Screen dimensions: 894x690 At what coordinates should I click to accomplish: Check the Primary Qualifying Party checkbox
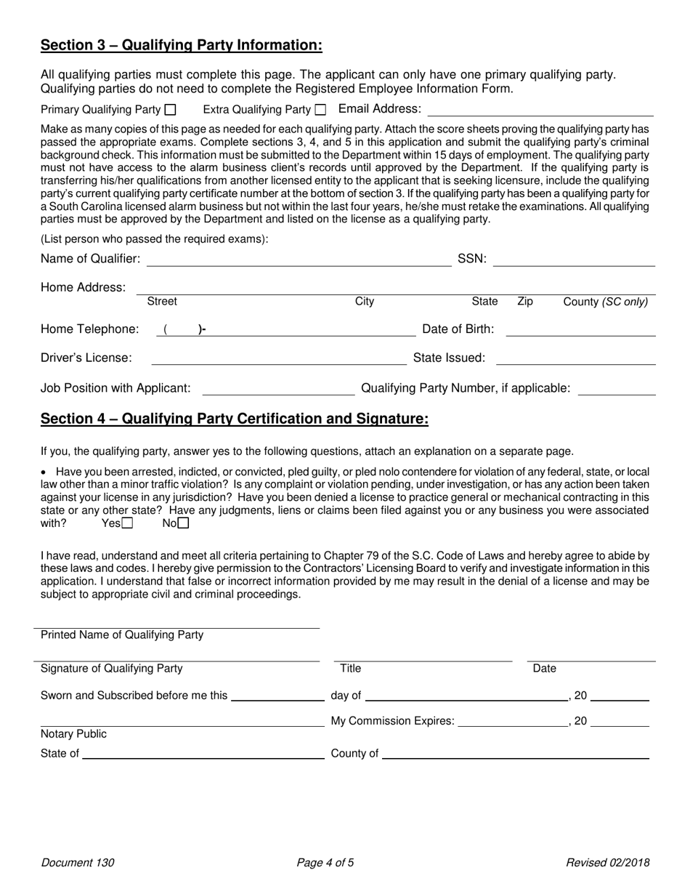pos(171,110)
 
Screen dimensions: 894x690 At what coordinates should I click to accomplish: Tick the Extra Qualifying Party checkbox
pos(320,110)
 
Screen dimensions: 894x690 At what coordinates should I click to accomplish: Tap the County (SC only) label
pos(605,302)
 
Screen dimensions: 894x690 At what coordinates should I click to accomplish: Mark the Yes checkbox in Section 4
pos(128,523)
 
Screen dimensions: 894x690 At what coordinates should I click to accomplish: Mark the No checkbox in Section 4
pos(184,523)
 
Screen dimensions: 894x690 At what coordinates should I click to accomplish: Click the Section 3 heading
pos(181,46)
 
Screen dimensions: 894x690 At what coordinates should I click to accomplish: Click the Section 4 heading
pos(234,419)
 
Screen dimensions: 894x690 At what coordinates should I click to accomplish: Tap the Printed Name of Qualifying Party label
pos(122,635)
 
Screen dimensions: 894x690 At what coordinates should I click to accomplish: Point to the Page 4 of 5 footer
pos(325,863)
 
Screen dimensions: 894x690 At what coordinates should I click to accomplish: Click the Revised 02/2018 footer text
pos(608,863)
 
